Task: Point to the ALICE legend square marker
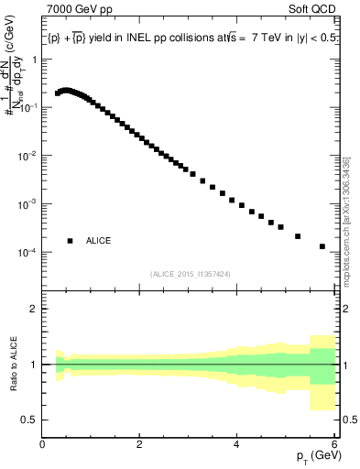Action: (x=70, y=241)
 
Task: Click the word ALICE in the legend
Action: (x=99, y=241)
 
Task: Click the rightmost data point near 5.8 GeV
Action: (x=322, y=246)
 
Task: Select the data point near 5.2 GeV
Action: (x=298, y=236)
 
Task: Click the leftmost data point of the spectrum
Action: (x=58, y=93)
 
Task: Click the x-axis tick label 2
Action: (x=139, y=443)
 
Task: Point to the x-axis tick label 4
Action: (x=237, y=443)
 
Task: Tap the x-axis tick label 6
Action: (x=334, y=443)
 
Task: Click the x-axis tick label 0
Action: (x=42, y=443)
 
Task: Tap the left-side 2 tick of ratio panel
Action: (x=34, y=309)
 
